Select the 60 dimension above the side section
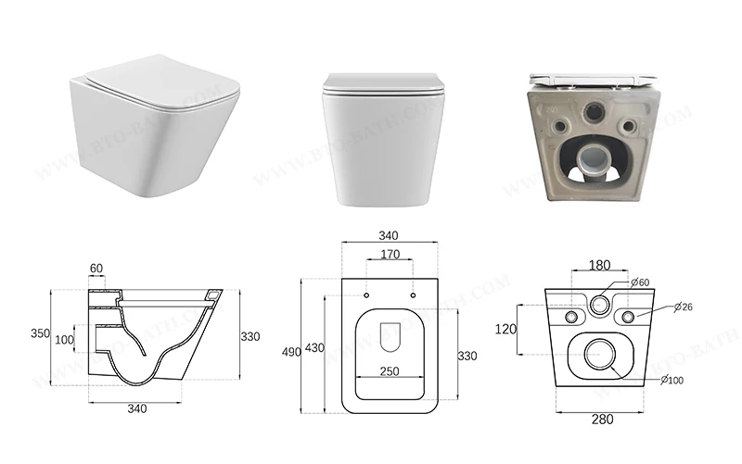point(96,270)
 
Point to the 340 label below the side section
point(136,409)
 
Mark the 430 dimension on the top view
point(316,348)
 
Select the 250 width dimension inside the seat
point(390,370)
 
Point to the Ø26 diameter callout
point(685,307)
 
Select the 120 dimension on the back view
point(504,329)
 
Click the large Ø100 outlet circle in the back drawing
point(599,353)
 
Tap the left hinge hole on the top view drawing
point(366,295)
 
